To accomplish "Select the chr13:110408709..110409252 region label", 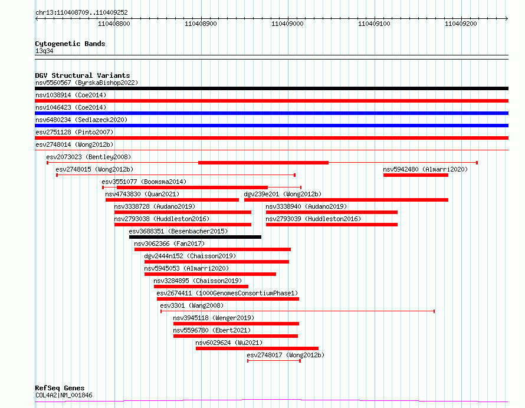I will click(x=81, y=12).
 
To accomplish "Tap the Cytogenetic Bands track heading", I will click(x=70, y=44).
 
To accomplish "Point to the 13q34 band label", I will click(x=44, y=51).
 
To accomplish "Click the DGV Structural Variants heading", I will click(x=82, y=75).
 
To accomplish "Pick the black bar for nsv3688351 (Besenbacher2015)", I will click(x=195, y=237).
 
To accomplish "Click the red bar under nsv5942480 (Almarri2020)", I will click(x=415, y=175).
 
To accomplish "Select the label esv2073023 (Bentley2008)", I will click(x=88, y=157).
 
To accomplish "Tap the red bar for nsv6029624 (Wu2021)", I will click(x=257, y=348).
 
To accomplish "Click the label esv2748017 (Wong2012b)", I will click(x=285, y=355).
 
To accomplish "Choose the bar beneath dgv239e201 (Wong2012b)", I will click(x=346, y=200).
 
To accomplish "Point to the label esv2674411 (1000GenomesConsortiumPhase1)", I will click(x=227, y=293).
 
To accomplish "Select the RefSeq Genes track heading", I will click(x=60, y=388).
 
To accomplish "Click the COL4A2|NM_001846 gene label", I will click(x=63, y=395).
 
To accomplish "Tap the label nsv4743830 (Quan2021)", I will click(x=142, y=194).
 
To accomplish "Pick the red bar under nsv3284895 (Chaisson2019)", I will click(x=201, y=287).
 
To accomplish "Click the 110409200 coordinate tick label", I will click(x=461, y=24).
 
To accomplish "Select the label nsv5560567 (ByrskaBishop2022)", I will click(x=86, y=83).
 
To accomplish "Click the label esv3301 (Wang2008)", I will click(x=191, y=305).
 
